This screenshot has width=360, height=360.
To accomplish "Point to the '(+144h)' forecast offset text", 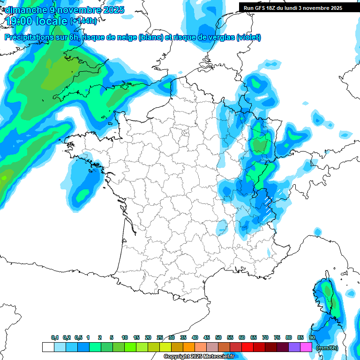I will (x=83, y=21).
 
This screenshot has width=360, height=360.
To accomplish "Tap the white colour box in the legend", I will (x=48, y=347).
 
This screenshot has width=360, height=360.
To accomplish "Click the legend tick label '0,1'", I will (x=54, y=337).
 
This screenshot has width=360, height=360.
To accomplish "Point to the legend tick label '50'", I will (x=218, y=337).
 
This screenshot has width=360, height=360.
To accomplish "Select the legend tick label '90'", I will (x=312, y=337).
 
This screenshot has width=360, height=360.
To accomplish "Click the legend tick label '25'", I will (x=160, y=337).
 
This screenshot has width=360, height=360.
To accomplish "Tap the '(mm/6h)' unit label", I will (x=327, y=348).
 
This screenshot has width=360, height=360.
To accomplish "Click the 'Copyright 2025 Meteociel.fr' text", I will (x=199, y=357).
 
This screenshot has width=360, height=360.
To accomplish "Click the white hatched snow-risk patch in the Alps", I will (x=268, y=205).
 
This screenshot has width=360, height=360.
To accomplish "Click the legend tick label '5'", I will (x=112, y=337).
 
